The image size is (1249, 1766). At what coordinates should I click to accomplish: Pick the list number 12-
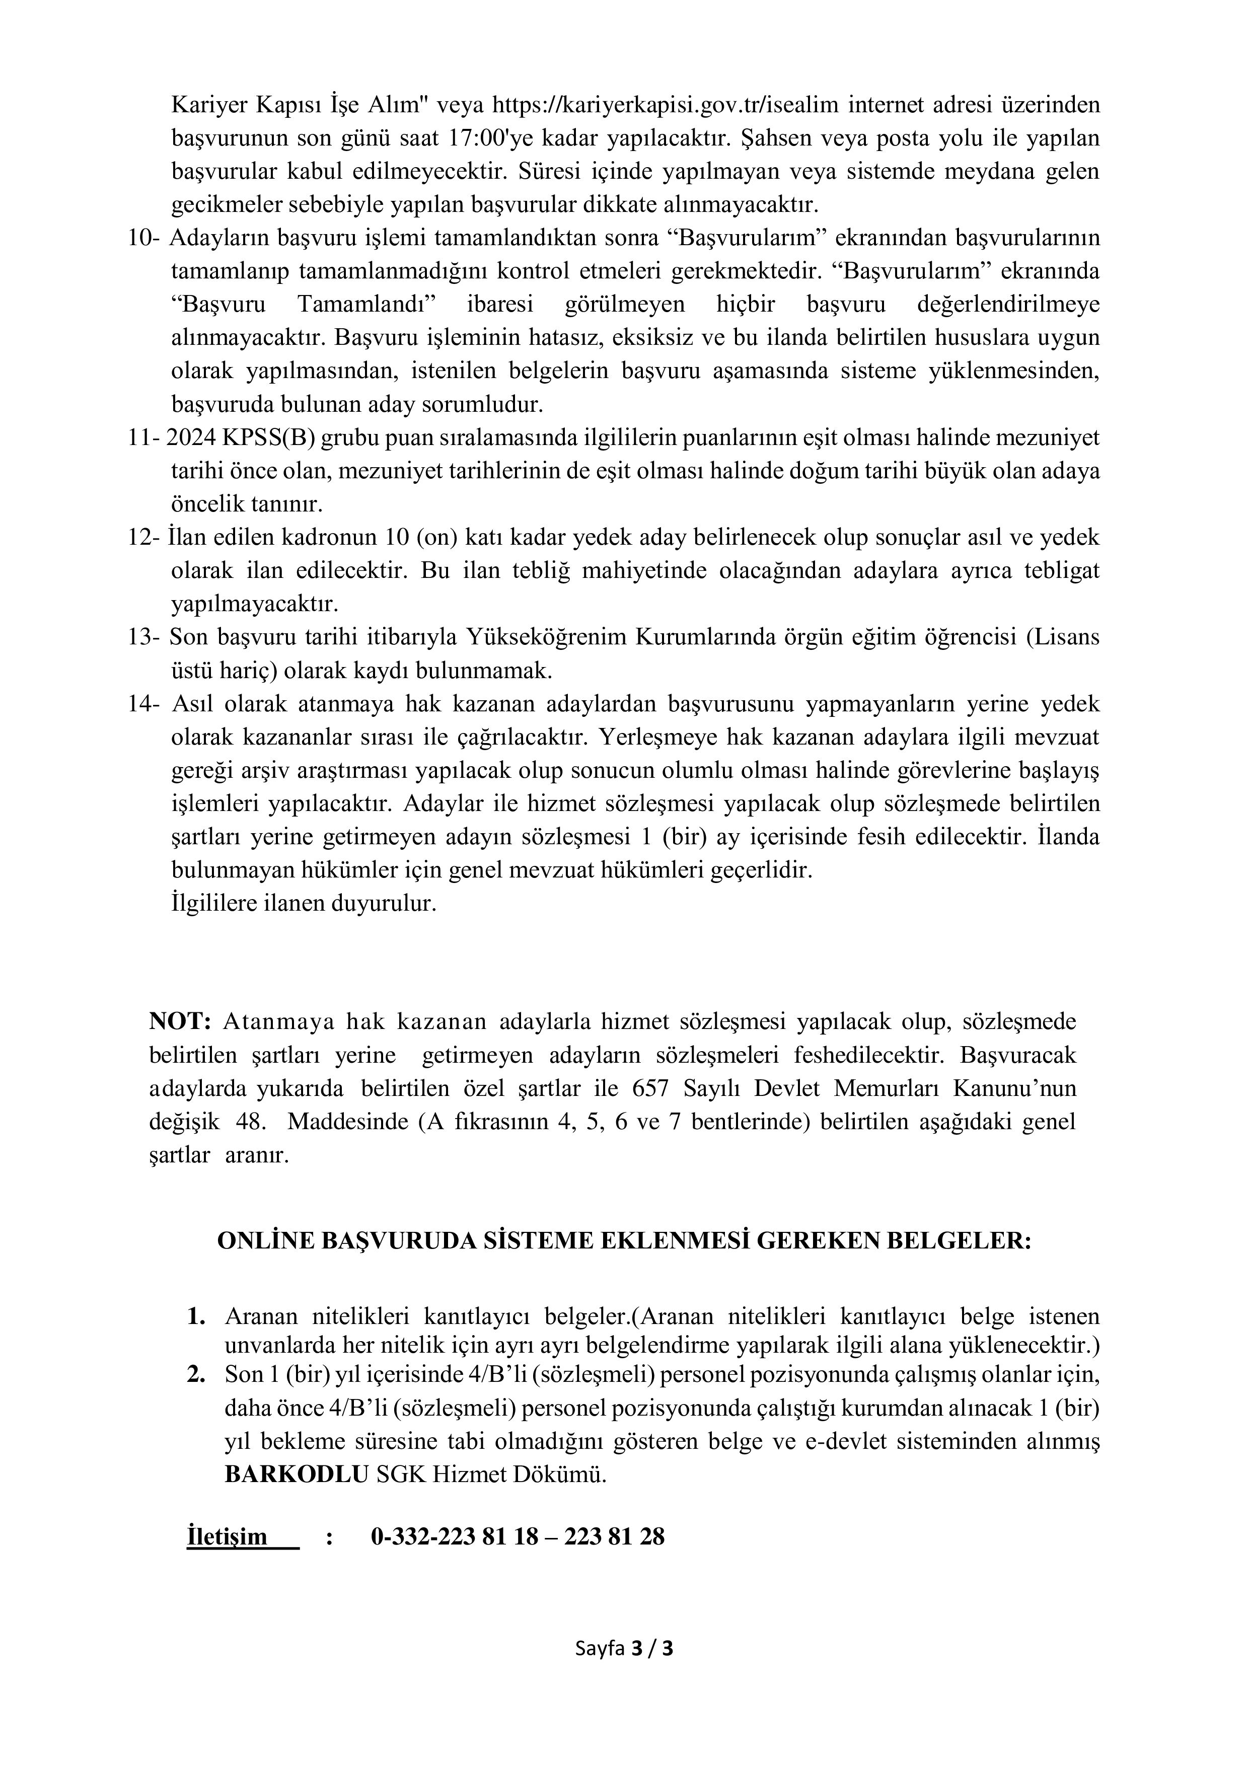pos(144,538)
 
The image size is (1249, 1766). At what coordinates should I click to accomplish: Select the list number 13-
pos(144,638)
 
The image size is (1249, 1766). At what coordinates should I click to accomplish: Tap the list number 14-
pos(144,705)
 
